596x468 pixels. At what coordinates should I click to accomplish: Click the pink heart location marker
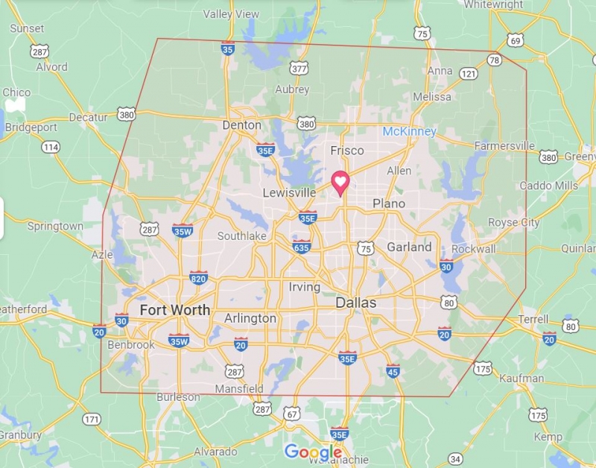pyautogui.click(x=340, y=182)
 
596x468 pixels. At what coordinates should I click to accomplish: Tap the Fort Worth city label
pyautogui.click(x=174, y=310)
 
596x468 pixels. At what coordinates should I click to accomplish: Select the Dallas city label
pyautogui.click(x=355, y=303)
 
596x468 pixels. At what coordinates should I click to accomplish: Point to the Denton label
pyautogui.click(x=242, y=125)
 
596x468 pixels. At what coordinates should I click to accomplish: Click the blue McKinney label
pyautogui.click(x=409, y=131)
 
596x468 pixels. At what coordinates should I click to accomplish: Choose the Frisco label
pyautogui.click(x=347, y=151)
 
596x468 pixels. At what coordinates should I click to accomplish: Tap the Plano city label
pyautogui.click(x=389, y=203)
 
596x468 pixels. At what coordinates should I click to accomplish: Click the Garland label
pyautogui.click(x=409, y=247)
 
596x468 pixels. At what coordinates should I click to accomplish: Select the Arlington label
pyautogui.click(x=250, y=318)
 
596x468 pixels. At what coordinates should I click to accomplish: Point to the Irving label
pyautogui.click(x=304, y=287)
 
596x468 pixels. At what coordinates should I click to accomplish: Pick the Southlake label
pyautogui.click(x=241, y=236)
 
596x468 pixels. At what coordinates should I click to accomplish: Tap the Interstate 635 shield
pyautogui.click(x=301, y=247)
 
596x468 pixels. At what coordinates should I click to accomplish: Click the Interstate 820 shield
pyautogui.click(x=198, y=278)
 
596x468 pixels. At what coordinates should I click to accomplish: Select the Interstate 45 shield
pyautogui.click(x=393, y=370)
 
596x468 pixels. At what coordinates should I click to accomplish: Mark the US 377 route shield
pyautogui.click(x=299, y=69)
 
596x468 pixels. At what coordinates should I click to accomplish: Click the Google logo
pyautogui.click(x=313, y=452)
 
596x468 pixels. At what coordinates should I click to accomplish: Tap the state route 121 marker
pyautogui.click(x=469, y=73)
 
